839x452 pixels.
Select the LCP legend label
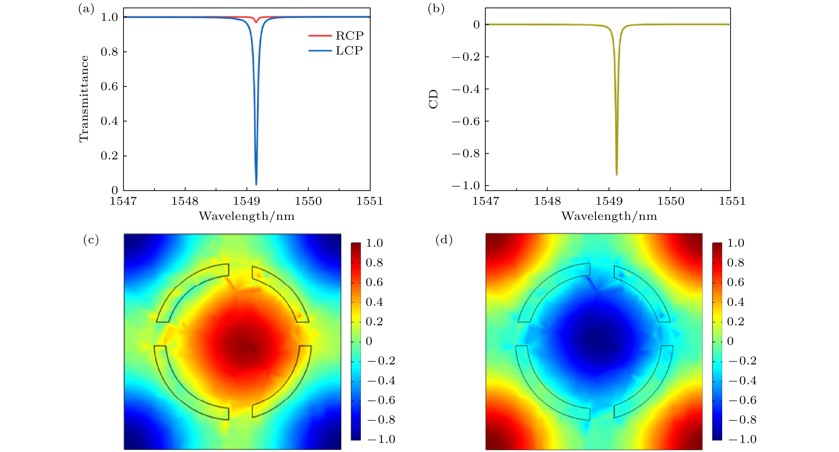point(349,50)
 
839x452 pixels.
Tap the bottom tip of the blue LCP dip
point(256,184)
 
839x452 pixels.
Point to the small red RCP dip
point(256,22)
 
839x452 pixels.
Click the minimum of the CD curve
point(617,175)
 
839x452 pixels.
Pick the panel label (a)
point(86,9)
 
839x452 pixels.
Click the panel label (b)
point(436,9)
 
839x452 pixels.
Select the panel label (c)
point(91,240)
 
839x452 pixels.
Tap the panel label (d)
point(444,240)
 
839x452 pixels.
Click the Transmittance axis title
point(84,99)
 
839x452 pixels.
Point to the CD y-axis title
point(434,99)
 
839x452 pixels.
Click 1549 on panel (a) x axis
point(246,201)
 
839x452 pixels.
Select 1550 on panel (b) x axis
point(670,201)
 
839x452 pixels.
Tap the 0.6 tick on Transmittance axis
point(109,86)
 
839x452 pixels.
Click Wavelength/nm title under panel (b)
point(609,216)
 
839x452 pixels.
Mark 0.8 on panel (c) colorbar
point(374,263)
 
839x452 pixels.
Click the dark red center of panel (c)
point(249,346)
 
